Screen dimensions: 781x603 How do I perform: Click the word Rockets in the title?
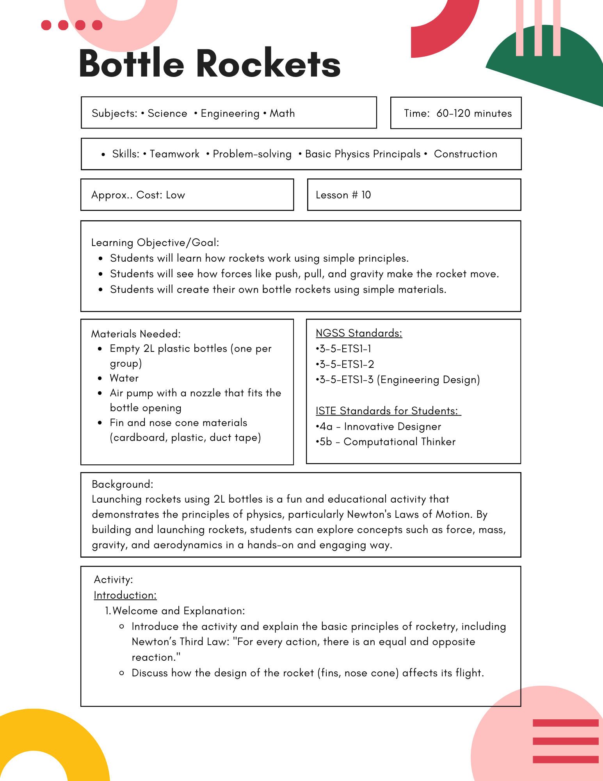[x=268, y=64]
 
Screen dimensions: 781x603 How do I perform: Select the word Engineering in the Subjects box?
[x=230, y=113]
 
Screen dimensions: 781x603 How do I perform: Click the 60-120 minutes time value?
[x=474, y=113]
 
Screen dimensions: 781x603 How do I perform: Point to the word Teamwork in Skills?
[x=174, y=154]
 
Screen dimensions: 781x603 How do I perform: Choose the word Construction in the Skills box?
[x=465, y=154]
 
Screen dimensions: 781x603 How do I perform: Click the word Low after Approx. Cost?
[x=175, y=195]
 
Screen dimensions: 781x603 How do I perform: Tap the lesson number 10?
[x=366, y=195]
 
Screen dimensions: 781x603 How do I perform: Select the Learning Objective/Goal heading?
[x=155, y=243]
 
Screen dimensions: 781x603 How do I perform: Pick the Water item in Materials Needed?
[x=124, y=378]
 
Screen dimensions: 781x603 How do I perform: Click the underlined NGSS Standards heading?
[x=359, y=333]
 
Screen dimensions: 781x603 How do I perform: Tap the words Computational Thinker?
[x=399, y=442]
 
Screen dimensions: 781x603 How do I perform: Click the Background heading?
[x=122, y=484]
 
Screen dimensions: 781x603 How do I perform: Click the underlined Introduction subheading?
[x=125, y=595]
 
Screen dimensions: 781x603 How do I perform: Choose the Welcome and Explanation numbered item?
[x=178, y=611]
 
